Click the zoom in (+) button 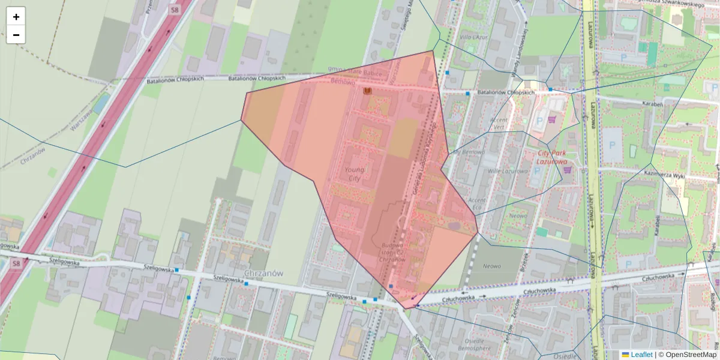[x=16, y=17]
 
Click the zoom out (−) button [x=16, y=35]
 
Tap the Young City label [x=354, y=173]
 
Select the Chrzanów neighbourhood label [x=263, y=273]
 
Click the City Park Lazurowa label [x=551, y=157]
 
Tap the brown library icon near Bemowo [x=367, y=91]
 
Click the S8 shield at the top [x=174, y=10]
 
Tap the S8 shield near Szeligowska [x=16, y=263]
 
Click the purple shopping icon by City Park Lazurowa [x=566, y=169]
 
